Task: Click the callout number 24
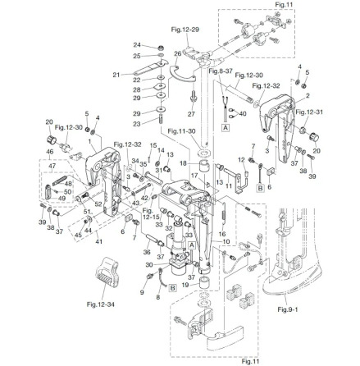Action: [x=135, y=46]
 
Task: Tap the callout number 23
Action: [x=136, y=123]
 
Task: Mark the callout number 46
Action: [x=52, y=152]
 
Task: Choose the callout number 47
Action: [x=52, y=165]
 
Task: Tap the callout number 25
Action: [x=135, y=54]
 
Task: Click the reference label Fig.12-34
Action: [x=96, y=303]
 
